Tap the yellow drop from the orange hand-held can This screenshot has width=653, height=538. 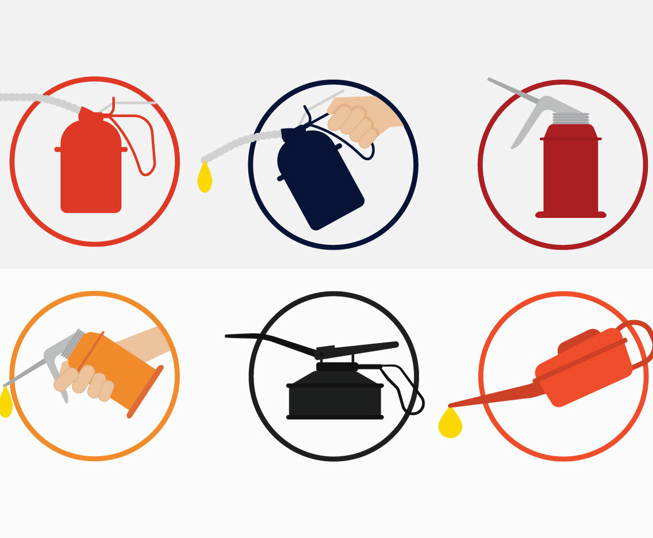click(x=5, y=403)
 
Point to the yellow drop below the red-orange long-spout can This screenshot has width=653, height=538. click(x=450, y=424)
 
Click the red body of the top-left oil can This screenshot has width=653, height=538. click(x=91, y=170)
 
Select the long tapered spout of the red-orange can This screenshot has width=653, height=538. click(x=494, y=395)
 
